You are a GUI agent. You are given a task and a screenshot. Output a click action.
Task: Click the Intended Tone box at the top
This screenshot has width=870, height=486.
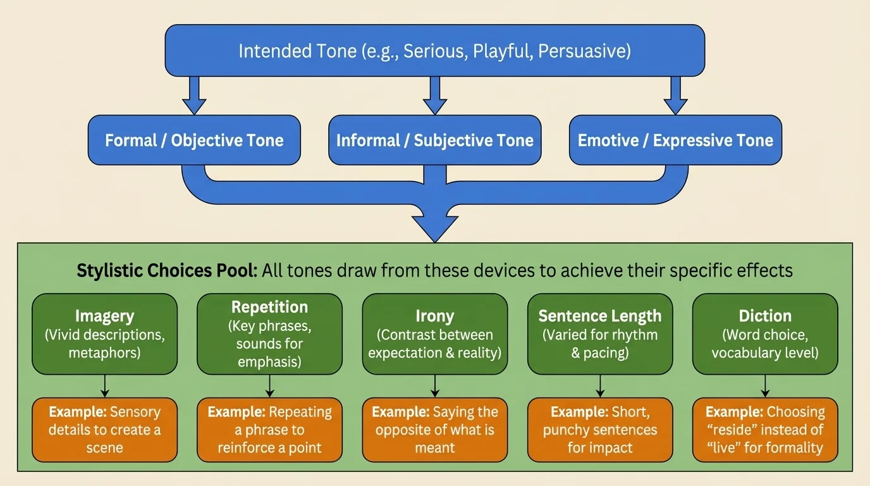click(x=434, y=51)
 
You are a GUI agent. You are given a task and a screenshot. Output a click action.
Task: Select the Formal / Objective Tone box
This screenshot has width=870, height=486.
click(x=194, y=140)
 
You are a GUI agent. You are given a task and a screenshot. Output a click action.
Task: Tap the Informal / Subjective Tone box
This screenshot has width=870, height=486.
click(x=434, y=140)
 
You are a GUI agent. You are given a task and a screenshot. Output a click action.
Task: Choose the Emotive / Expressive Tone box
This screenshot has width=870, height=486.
click(x=675, y=140)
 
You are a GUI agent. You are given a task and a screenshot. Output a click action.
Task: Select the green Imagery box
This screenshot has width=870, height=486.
click(x=105, y=333)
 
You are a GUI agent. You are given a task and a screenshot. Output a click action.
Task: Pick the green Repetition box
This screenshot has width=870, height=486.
click(x=269, y=333)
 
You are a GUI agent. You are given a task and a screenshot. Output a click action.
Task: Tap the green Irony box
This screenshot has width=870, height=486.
click(x=434, y=333)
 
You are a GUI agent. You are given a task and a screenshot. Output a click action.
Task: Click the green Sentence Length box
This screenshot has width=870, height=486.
click(x=599, y=333)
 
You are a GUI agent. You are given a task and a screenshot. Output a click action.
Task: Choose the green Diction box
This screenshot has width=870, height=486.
click(x=765, y=333)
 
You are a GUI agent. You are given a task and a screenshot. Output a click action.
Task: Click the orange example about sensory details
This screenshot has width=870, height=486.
click(x=105, y=430)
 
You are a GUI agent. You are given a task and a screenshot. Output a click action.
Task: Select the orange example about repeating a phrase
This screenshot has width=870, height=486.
click(x=269, y=430)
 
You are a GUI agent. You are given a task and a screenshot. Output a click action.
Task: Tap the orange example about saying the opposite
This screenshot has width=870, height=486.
click(x=434, y=430)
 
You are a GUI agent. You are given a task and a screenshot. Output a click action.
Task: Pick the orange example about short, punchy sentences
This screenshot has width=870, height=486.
click(x=599, y=430)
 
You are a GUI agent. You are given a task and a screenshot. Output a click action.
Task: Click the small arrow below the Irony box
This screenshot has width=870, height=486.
click(x=434, y=385)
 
